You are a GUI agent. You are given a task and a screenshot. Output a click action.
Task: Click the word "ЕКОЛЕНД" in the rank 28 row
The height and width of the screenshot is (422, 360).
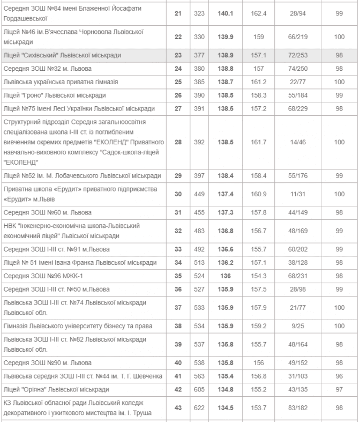point(18,161)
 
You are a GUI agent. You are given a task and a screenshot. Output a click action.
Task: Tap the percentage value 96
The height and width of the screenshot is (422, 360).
point(339,376)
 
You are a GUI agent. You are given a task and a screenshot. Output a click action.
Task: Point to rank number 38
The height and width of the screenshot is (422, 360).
point(178,326)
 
